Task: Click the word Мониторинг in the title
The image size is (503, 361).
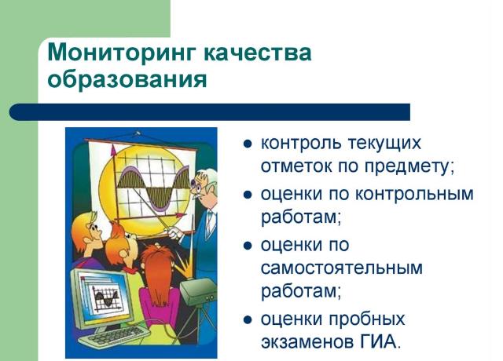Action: tap(121, 53)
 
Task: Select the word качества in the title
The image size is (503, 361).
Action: tap(257, 53)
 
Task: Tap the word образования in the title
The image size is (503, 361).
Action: tap(127, 78)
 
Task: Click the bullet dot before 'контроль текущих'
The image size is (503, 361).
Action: tap(248, 144)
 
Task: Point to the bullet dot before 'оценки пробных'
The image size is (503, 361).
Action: tap(248, 320)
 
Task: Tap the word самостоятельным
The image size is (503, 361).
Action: tap(342, 268)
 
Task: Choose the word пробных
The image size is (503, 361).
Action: tap(367, 319)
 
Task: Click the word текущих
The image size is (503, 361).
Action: tap(384, 144)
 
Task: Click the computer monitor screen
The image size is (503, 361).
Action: tap(104, 294)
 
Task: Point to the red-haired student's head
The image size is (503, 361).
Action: tap(156, 266)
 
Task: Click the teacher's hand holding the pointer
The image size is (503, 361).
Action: tap(175, 232)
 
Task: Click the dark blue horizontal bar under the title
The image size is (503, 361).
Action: tap(210, 112)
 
